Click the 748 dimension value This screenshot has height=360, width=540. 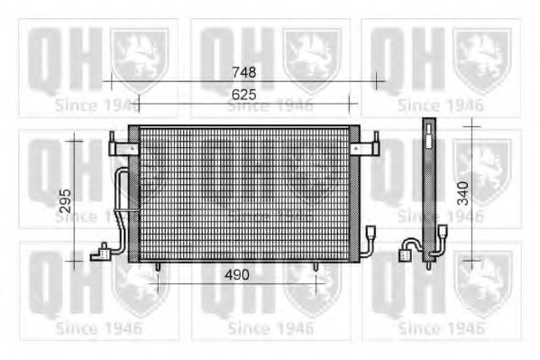click(243, 72)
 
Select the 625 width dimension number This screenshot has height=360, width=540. click(243, 93)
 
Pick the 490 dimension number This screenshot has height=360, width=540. click(237, 272)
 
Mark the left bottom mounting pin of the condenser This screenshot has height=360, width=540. click(158, 267)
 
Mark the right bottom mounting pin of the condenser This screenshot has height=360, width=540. click(316, 267)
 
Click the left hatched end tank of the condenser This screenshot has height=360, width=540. click(133, 194)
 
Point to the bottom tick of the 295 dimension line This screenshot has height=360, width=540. click(76, 262)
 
